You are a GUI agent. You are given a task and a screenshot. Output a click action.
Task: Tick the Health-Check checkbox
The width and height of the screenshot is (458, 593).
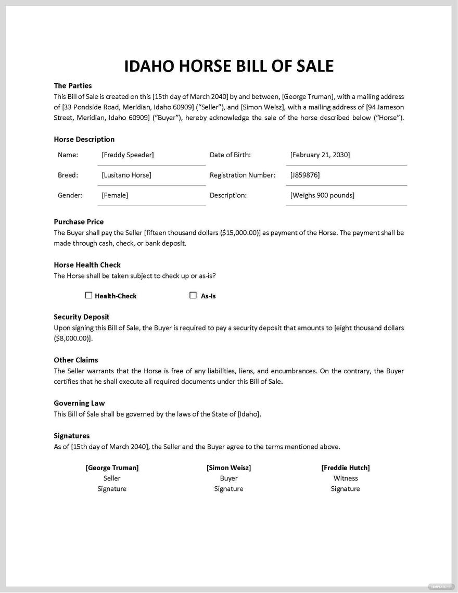pyautogui.click(x=88, y=295)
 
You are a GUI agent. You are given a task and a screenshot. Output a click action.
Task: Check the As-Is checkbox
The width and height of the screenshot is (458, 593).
pyautogui.click(x=193, y=295)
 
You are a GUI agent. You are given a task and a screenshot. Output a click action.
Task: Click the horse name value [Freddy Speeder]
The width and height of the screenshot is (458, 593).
pyautogui.click(x=128, y=155)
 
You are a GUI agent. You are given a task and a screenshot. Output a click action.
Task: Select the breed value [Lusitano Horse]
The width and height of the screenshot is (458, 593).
pyautogui.click(x=126, y=175)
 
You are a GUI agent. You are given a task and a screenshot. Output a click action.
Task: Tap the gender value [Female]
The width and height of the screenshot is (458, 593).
pyautogui.click(x=115, y=195)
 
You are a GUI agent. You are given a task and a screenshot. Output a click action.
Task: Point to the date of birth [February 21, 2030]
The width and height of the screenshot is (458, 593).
pyautogui.click(x=320, y=155)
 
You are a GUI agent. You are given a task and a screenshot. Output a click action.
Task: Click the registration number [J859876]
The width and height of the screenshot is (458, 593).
pyautogui.click(x=305, y=175)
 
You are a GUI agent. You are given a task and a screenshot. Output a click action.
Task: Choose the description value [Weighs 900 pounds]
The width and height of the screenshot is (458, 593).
pyautogui.click(x=322, y=195)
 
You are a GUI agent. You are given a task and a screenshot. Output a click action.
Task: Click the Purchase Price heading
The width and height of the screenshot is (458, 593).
pyautogui.click(x=79, y=222)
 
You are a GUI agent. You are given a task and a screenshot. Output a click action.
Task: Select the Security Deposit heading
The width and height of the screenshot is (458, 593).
pyautogui.click(x=81, y=317)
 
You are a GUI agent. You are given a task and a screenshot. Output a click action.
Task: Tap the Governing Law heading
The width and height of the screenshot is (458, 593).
pyautogui.click(x=79, y=403)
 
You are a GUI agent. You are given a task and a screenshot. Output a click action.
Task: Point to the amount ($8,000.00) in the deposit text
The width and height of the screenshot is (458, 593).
pyautogui.click(x=72, y=338)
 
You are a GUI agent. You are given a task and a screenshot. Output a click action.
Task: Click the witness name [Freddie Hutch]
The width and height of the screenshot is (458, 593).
pyautogui.click(x=346, y=468)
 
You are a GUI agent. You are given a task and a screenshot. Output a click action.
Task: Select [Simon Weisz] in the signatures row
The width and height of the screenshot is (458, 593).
pyautogui.click(x=228, y=468)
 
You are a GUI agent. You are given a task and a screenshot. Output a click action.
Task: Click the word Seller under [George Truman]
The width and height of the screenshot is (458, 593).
pyautogui.click(x=112, y=478)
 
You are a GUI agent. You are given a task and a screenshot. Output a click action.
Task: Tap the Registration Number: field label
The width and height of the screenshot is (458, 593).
pyautogui.click(x=243, y=175)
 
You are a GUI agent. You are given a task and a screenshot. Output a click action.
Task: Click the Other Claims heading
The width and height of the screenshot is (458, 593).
pyautogui.click(x=76, y=360)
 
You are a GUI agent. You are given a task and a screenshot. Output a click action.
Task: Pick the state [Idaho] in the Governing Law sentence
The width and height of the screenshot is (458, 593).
pyautogui.click(x=249, y=414)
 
